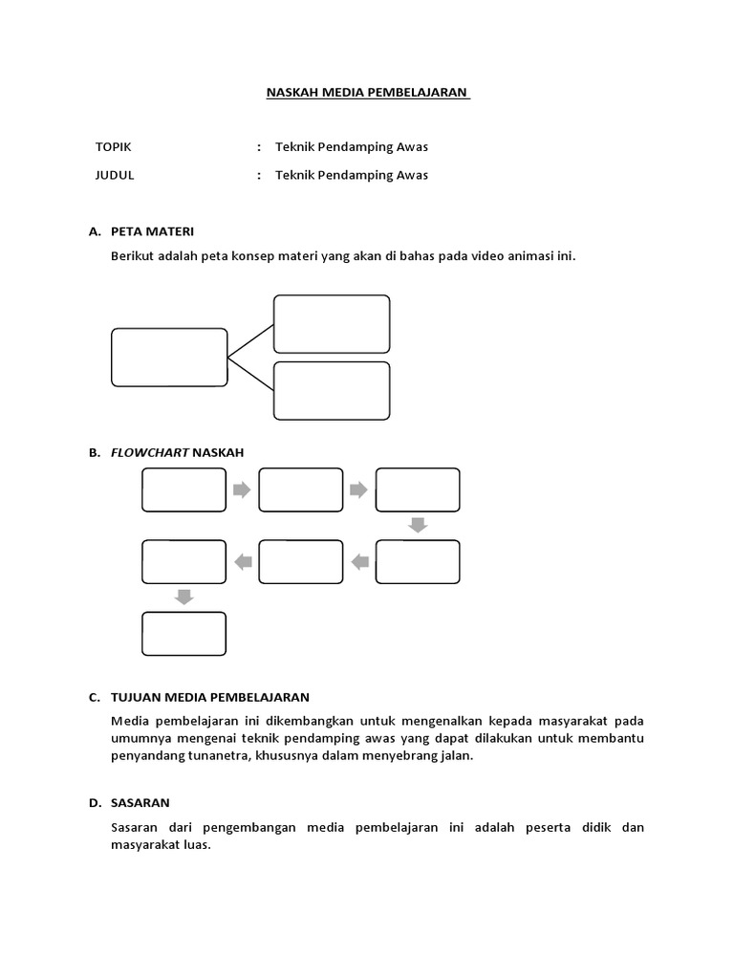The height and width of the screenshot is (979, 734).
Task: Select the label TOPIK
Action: pos(114,147)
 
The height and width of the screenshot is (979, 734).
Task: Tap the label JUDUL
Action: pos(115,175)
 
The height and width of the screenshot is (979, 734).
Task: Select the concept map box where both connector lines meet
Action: pos(169,358)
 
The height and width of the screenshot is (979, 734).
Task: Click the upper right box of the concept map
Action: pos(332,324)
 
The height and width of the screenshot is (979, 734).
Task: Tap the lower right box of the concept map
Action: pos(332,391)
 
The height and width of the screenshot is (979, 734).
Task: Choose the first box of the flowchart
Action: pos(184,489)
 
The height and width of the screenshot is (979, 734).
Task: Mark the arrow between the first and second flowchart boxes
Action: pos(242,489)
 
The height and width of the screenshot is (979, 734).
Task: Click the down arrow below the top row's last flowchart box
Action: pos(417,525)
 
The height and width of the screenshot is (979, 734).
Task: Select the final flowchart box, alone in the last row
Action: pos(184,634)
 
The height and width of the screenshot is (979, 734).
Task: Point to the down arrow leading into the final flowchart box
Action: pos(184,598)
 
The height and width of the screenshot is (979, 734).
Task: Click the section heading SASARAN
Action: pos(140,802)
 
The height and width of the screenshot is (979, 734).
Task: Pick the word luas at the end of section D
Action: pos(194,845)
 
